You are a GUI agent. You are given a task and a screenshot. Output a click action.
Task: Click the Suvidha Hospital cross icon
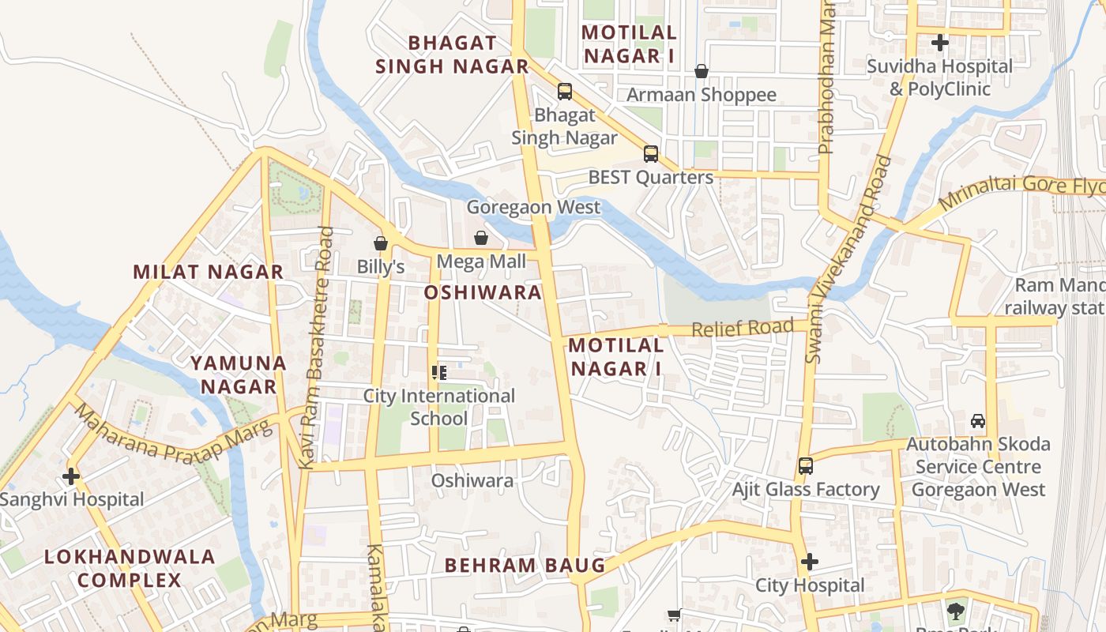click(x=939, y=43)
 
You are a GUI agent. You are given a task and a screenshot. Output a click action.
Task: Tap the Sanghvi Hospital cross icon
click(x=71, y=476)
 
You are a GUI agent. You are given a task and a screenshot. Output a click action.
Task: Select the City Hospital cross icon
click(x=809, y=562)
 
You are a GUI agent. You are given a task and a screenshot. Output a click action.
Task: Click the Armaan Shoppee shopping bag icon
click(x=701, y=71)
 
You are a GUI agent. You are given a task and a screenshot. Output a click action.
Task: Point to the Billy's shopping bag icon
click(x=381, y=243)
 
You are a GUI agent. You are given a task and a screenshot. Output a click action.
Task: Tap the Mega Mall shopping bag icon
click(x=480, y=237)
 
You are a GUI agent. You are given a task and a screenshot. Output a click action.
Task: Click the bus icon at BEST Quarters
click(x=650, y=154)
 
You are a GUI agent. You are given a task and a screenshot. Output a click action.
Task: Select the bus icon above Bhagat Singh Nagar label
click(x=564, y=91)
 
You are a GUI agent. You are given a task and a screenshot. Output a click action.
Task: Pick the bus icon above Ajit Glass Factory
click(x=805, y=466)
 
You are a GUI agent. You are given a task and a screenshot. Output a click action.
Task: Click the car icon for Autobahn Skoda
click(x=978, y=421)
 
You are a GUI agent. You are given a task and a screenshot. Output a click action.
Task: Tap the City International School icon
click(x=438, y=372)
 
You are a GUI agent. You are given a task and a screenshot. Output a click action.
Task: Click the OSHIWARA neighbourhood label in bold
click(x=483, y=293)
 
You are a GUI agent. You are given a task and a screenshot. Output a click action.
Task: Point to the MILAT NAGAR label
click(x=208, y=273)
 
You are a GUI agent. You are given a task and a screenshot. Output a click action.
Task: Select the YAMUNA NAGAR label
click(x=238, y=375)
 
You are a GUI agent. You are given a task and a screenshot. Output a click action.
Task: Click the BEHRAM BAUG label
click(x=525, y=566)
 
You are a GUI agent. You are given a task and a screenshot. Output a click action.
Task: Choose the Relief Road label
click(x=743, y=328)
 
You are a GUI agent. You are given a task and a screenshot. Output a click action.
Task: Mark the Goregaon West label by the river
click(x=533, y=208)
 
